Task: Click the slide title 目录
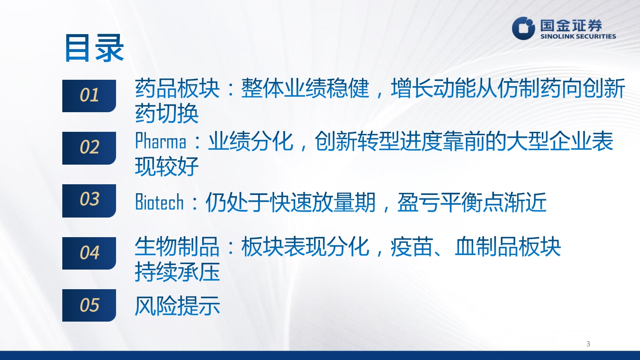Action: pos(94,48)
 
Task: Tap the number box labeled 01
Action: pos(89,96)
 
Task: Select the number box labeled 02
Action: pos(89,148)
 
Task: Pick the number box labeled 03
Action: pos(89,200)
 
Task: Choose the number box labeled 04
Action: pos(89,253)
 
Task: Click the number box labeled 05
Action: pos(89,305)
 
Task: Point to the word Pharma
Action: pos(161,142)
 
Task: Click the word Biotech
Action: pos(160,202)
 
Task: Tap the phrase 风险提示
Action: pos(177,306)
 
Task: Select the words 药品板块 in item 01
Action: pos(177,88)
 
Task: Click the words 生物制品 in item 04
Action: pos(177,247)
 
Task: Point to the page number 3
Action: pos(588,344)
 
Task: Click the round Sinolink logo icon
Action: pos(524,29)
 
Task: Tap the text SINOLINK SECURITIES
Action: pos(578,37)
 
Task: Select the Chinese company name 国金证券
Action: pos(571,25)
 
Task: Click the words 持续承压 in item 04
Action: pos(177,272)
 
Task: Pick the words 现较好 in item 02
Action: pos(167,166)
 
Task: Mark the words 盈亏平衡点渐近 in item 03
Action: pos(472,202)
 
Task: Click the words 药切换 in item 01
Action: pos(167,113)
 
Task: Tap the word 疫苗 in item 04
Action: pos(412,247)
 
